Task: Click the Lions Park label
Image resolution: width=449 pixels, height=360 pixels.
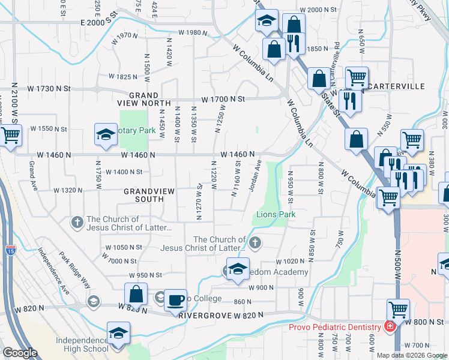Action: coord(276,214)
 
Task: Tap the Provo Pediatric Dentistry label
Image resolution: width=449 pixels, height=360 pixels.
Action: coord(334,326)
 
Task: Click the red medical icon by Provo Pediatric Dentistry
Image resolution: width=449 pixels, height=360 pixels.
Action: coord(390,326)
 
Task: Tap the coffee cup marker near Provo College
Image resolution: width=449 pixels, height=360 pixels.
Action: coord(175,300)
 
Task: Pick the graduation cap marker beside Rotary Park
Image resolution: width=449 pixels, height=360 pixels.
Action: coord(106,136)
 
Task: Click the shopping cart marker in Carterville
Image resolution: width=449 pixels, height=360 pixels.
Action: coord(357,77)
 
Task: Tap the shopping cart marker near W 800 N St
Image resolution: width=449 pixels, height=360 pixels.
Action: coord(398,310)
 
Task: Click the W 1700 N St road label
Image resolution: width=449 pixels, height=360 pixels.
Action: coord(223,98)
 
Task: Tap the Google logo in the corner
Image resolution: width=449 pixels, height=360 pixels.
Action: coord(20,353)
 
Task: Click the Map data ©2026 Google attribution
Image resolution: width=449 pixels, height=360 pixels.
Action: coord(412,355)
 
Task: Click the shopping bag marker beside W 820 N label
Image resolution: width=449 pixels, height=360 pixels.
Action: coord(136,294)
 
